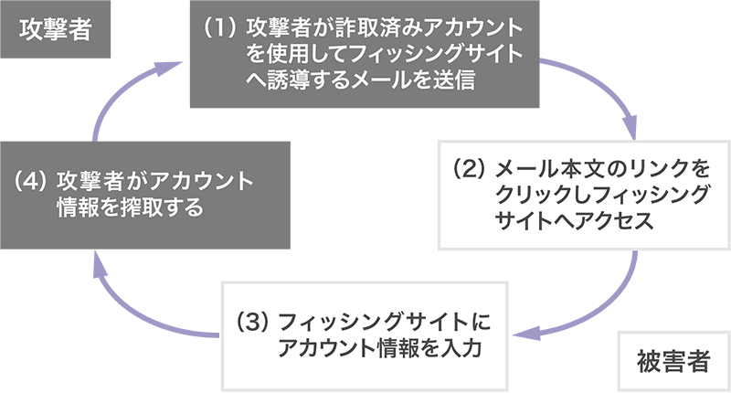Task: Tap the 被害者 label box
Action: [673, 360]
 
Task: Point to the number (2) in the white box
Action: [468, 170]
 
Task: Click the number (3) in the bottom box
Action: [252, 323]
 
